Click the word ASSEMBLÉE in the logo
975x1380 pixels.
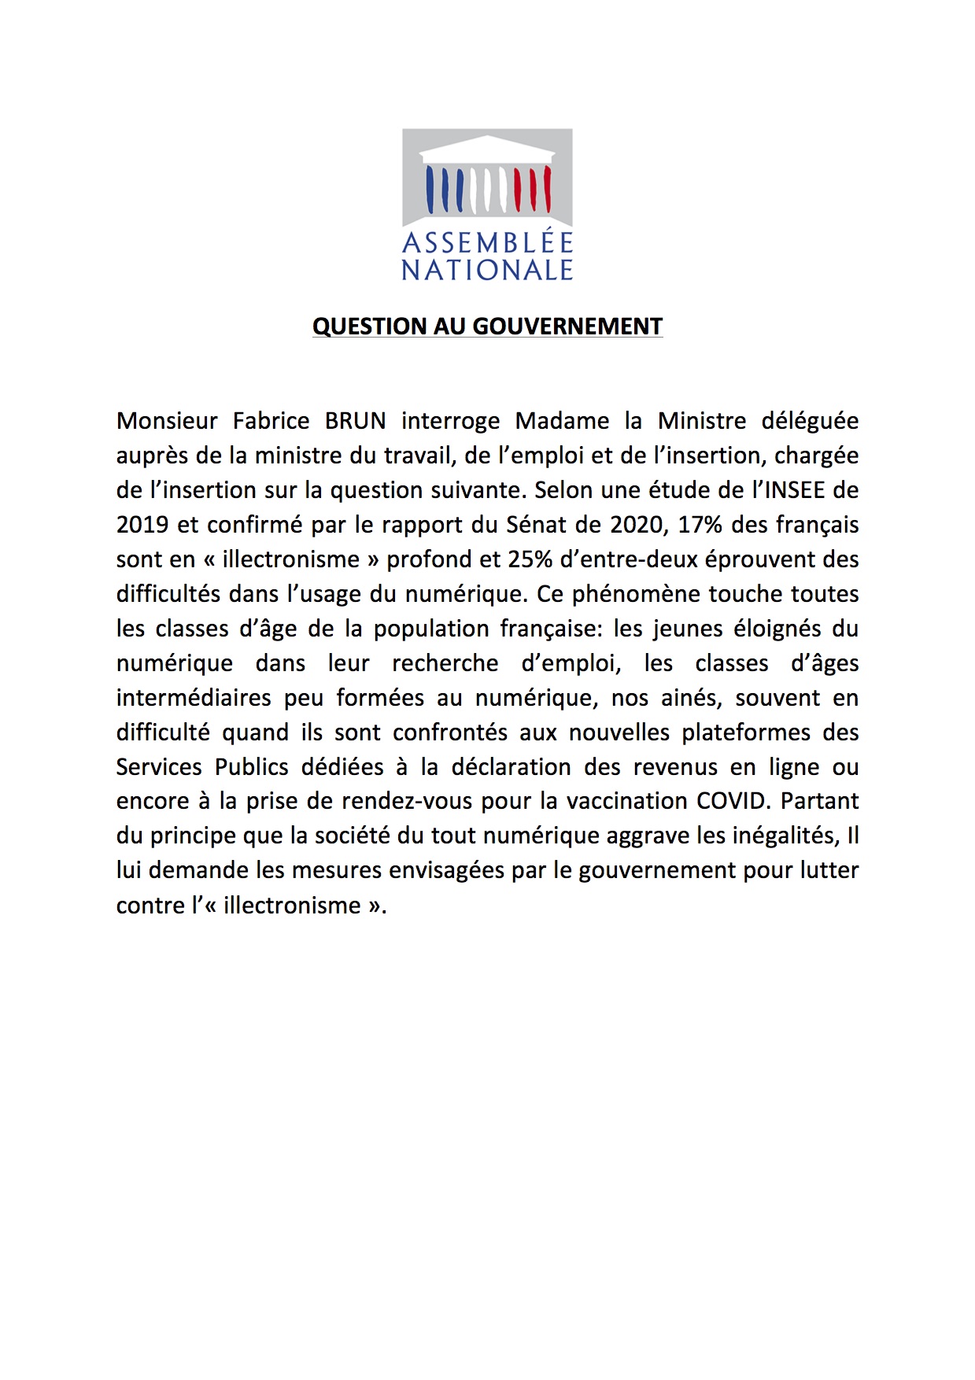(487, 242)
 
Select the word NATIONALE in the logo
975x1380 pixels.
(487, 270)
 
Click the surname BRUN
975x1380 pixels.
(356, 421)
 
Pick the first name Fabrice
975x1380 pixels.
(271, 421)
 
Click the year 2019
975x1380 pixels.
(142, 525)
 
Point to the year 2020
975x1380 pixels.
(637, 525)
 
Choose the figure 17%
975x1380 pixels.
(700, 525)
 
